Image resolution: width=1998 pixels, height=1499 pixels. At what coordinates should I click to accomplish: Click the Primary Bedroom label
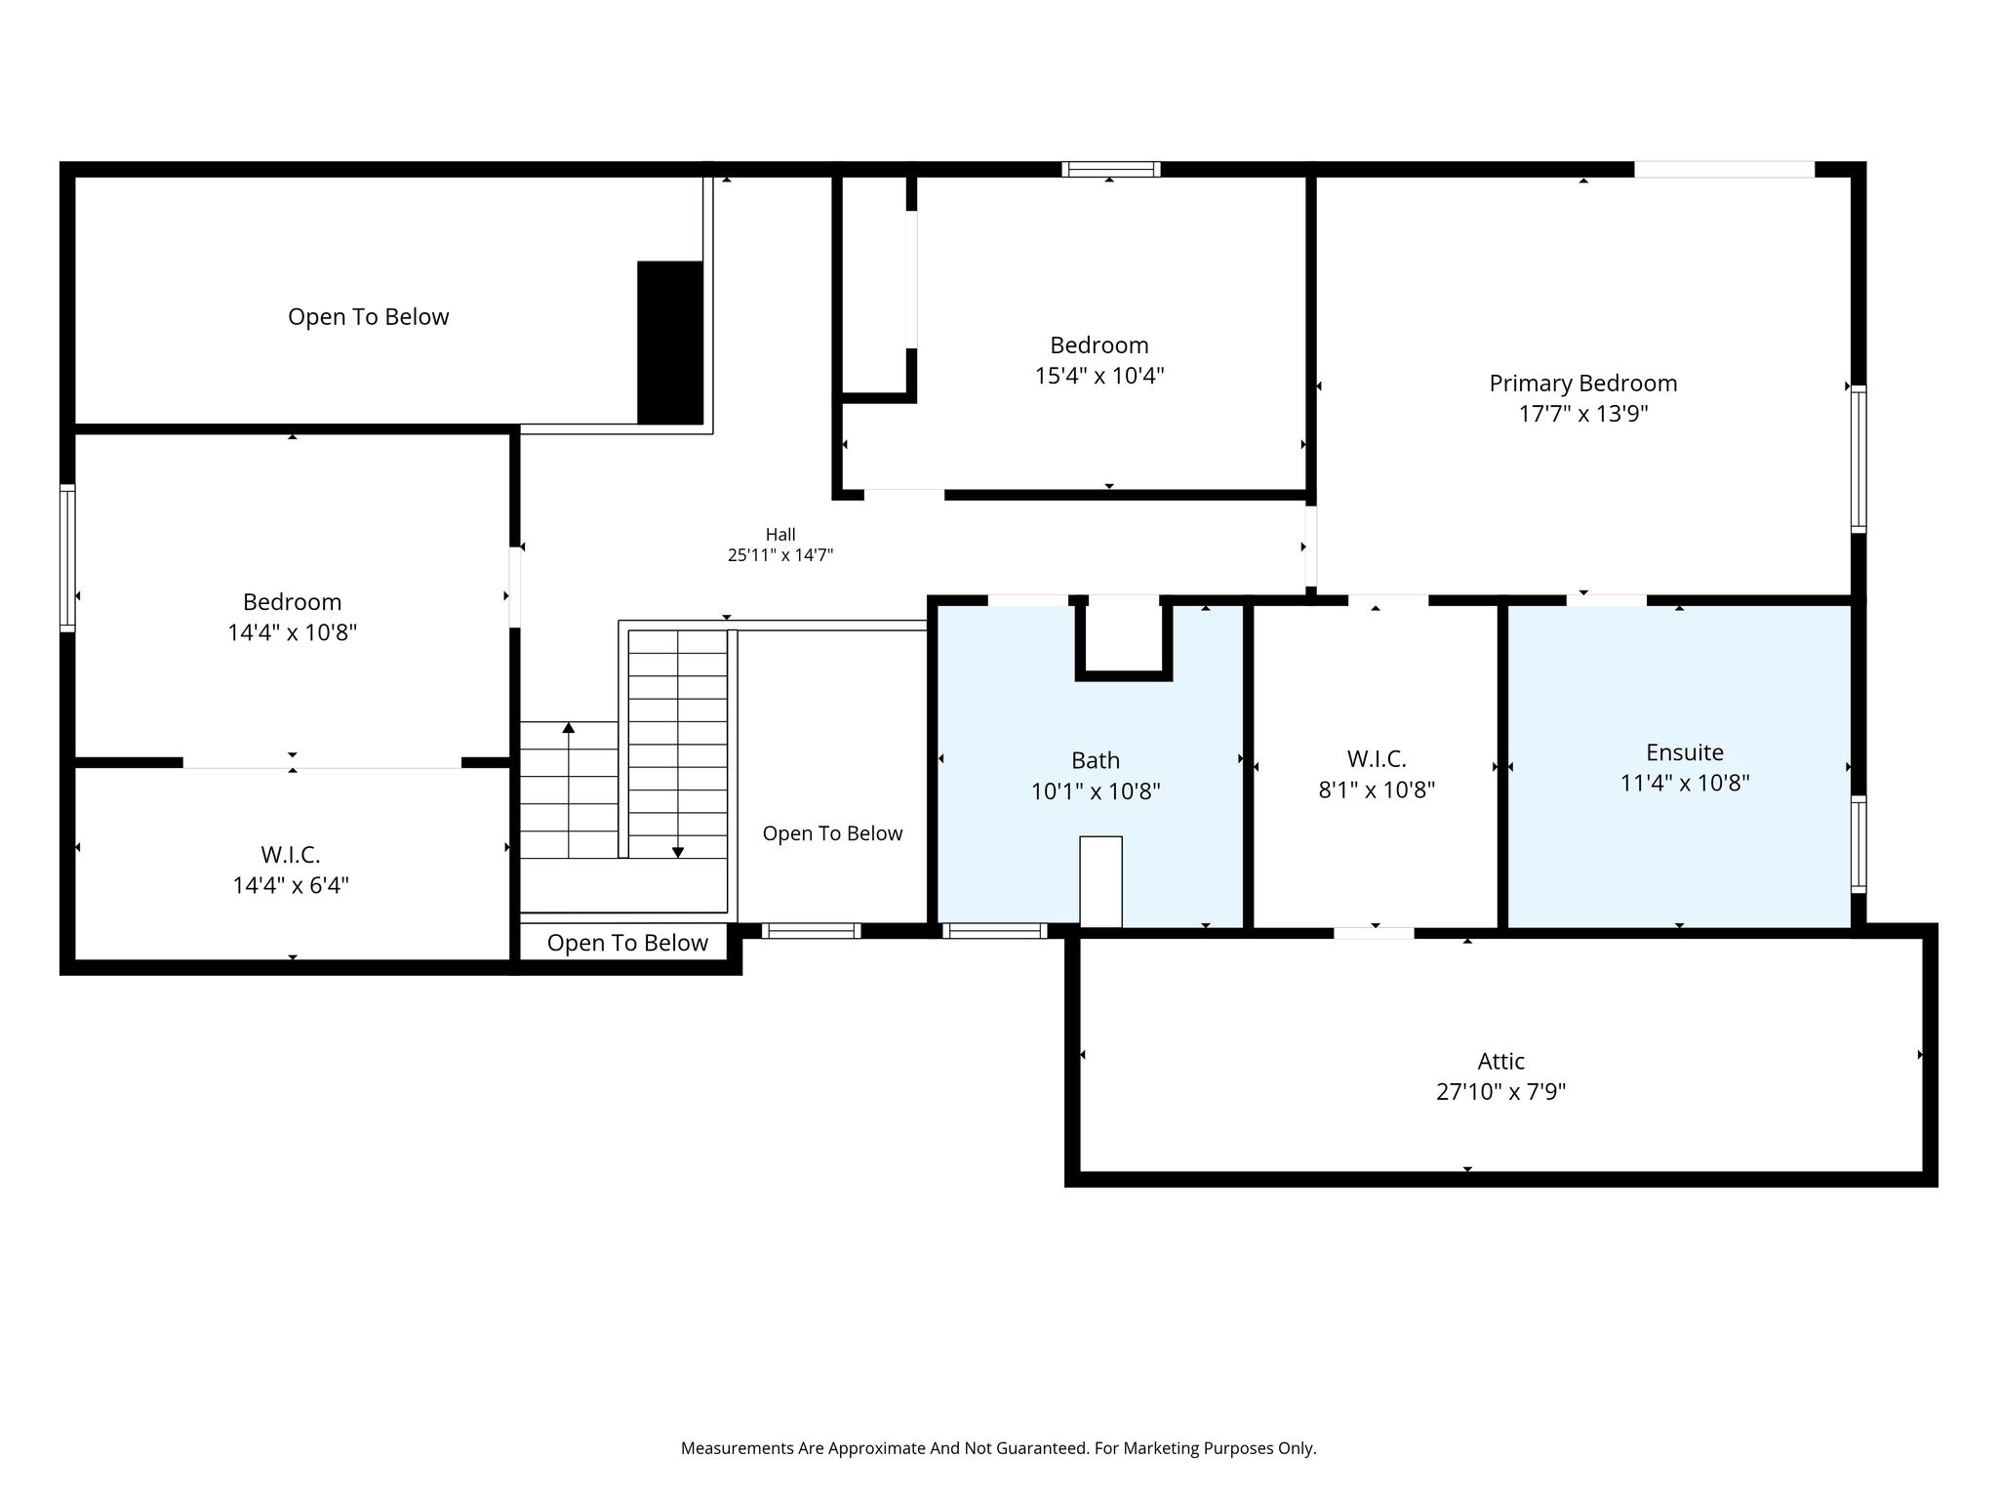tap(1582, 384)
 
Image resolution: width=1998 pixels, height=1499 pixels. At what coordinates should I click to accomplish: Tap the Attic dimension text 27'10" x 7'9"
tap(1500, 1091)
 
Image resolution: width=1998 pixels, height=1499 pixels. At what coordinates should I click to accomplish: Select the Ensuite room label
tap(1685, 752)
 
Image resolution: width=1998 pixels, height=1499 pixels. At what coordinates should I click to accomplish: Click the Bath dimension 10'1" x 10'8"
tap(1096, 790)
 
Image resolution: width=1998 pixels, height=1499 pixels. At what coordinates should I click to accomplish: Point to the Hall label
tap(780, 535)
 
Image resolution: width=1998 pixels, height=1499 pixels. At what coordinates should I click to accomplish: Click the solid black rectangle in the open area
tap(670, 343)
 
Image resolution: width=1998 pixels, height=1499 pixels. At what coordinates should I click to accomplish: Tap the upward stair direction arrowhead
tap(569, 728)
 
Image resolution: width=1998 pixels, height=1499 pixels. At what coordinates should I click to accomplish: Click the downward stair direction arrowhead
tap(678, 853)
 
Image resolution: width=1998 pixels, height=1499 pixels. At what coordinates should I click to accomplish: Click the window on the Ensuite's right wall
tap(1858, 844)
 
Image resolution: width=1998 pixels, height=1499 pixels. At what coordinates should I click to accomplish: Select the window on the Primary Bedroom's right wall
tap(1858, 459)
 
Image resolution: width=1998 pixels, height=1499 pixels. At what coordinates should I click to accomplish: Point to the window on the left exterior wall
tap(67, 558)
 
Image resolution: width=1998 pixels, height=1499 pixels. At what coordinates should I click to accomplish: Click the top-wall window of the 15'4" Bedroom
tap(1111, 169)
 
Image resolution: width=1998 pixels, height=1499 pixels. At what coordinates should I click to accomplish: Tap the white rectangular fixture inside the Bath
tap(1100, 881)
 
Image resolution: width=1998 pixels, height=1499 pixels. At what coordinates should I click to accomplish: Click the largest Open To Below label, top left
tap(369, 317)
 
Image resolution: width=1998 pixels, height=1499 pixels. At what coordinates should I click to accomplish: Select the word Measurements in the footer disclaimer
tap(738, 1448)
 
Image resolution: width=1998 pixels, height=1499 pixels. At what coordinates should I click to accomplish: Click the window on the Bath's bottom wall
tap(995, 931)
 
